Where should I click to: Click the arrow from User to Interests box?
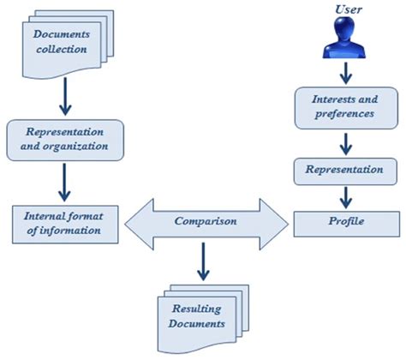pos(344,71)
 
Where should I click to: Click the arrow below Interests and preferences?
pos(344,143)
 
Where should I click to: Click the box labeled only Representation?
pos(343,170)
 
